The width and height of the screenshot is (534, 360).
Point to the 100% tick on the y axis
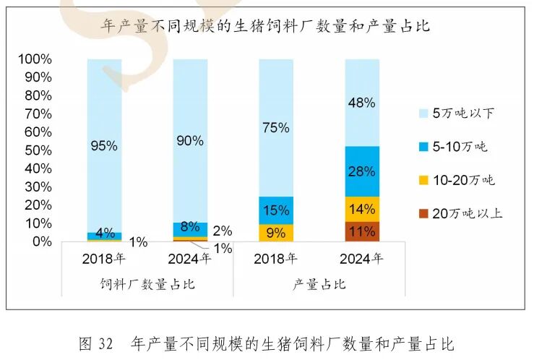33,59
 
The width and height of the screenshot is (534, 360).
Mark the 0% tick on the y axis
40,241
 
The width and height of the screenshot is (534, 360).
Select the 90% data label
190,141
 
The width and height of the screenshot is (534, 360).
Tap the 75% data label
276,128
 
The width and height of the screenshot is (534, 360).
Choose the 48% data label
362,103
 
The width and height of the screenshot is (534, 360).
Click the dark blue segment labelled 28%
362,171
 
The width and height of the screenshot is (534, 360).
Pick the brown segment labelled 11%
362,231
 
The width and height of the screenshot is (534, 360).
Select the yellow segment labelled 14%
362,209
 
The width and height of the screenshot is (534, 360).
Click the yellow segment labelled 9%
276,233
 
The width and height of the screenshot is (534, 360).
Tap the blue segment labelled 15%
276,210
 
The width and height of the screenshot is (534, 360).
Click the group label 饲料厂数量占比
147,284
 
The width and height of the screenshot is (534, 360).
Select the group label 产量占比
319,284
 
